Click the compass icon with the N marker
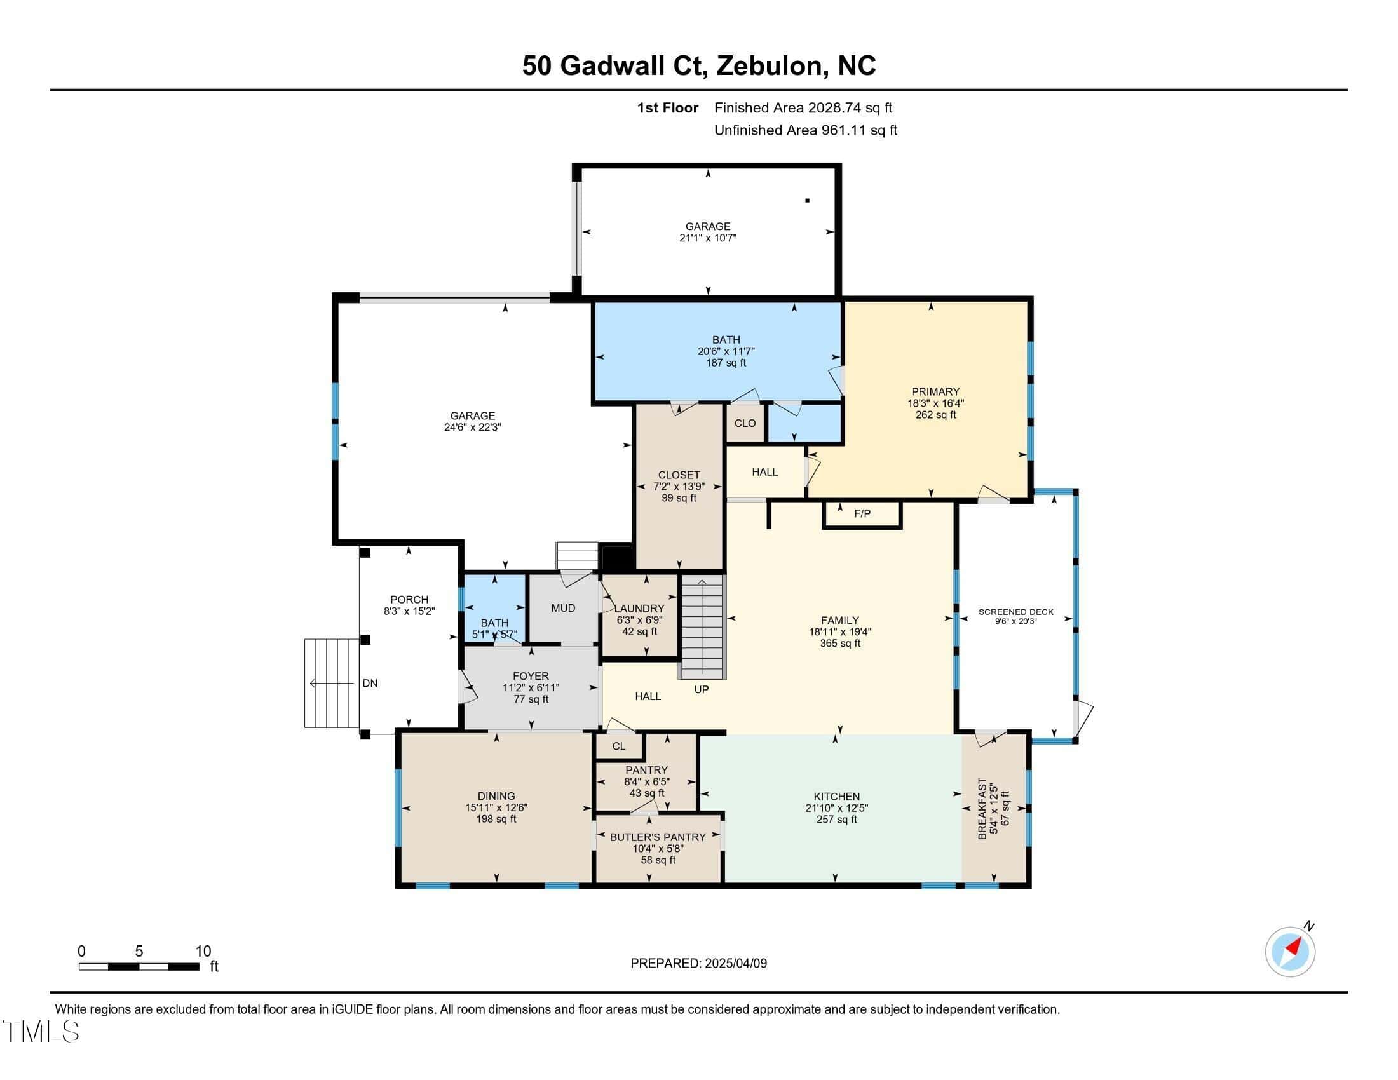point(1290,952)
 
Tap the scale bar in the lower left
point(139,966)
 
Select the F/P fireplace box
point(862,515)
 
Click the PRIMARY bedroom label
point(935,391)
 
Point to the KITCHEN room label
point(837,797)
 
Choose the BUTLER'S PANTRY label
point(658,837)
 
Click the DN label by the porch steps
point(370,684)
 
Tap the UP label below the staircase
point(702,690)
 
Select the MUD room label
point(563,608)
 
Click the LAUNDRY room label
point(639,609)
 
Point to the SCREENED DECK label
point(1016,612)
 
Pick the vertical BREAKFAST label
point(984,809)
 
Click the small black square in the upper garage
point(808,201)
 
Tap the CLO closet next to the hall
point(745,423)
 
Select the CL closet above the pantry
point(618,746)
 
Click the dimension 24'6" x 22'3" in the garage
point(472,428)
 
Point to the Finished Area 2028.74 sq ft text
point(803,108)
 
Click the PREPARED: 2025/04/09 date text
point(699,963)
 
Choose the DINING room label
point(496,797)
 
